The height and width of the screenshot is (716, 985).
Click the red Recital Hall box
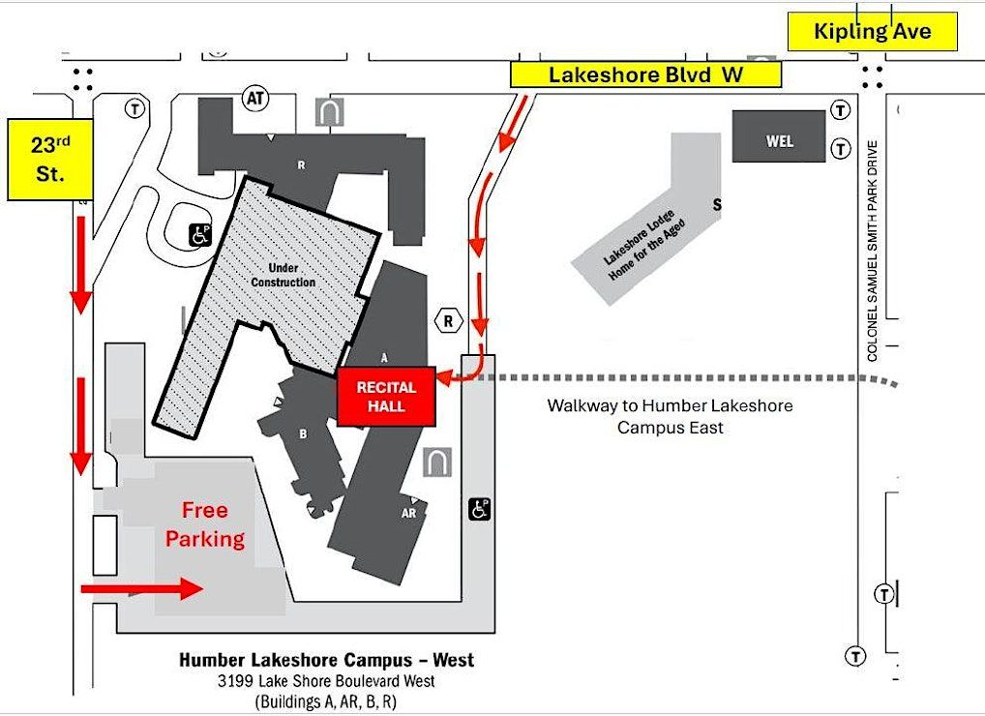(x=386, y=397)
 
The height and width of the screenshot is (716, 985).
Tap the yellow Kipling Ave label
(x=873, y=32)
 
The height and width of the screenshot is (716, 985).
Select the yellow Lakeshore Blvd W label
(x=645, y=75)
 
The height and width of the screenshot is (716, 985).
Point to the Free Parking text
(x=205, y=524)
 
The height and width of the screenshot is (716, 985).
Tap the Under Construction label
(x=291, y=275)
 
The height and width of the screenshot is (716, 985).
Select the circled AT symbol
(x=255, y=99)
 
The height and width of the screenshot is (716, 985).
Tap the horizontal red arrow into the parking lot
(x=141, y=587)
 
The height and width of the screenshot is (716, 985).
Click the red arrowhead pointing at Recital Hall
(x=444, y=380)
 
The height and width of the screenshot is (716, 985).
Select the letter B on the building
(x=303, y=434)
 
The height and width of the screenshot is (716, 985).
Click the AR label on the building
(x=408, y=513)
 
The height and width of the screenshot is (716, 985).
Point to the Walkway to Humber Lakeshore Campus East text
(x=670, y=416)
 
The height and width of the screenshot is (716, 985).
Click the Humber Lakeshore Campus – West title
(x=327, y=660)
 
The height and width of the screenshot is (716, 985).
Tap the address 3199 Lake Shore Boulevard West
(x=327, y=681)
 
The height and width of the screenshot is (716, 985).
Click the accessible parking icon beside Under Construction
(x=200, y=233)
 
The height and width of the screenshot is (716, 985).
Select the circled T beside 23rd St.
(x=134, y=109)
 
